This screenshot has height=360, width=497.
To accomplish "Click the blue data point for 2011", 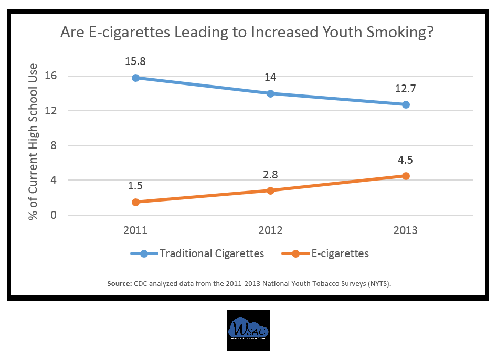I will (135, 78).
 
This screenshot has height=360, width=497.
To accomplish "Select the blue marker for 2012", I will (270, 93).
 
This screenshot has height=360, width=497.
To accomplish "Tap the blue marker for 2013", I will (406, 104).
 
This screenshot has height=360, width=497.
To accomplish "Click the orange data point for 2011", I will (135, 202).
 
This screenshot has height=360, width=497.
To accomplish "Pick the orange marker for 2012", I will (270, 190).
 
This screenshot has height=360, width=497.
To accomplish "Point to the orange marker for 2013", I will (406, 176).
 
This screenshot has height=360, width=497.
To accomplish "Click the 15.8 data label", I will (135, 61).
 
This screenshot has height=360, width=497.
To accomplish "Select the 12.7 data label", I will (406, 88).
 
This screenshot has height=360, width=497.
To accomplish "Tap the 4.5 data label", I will (406, 160).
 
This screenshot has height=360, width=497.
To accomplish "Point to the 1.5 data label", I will (135, 185).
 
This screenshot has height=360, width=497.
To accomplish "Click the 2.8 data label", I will (270, 174).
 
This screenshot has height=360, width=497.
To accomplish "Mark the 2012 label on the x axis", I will (270, 230).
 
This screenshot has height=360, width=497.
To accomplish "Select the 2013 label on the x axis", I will (406, 230).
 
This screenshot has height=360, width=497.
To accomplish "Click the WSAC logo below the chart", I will (248, 330).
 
